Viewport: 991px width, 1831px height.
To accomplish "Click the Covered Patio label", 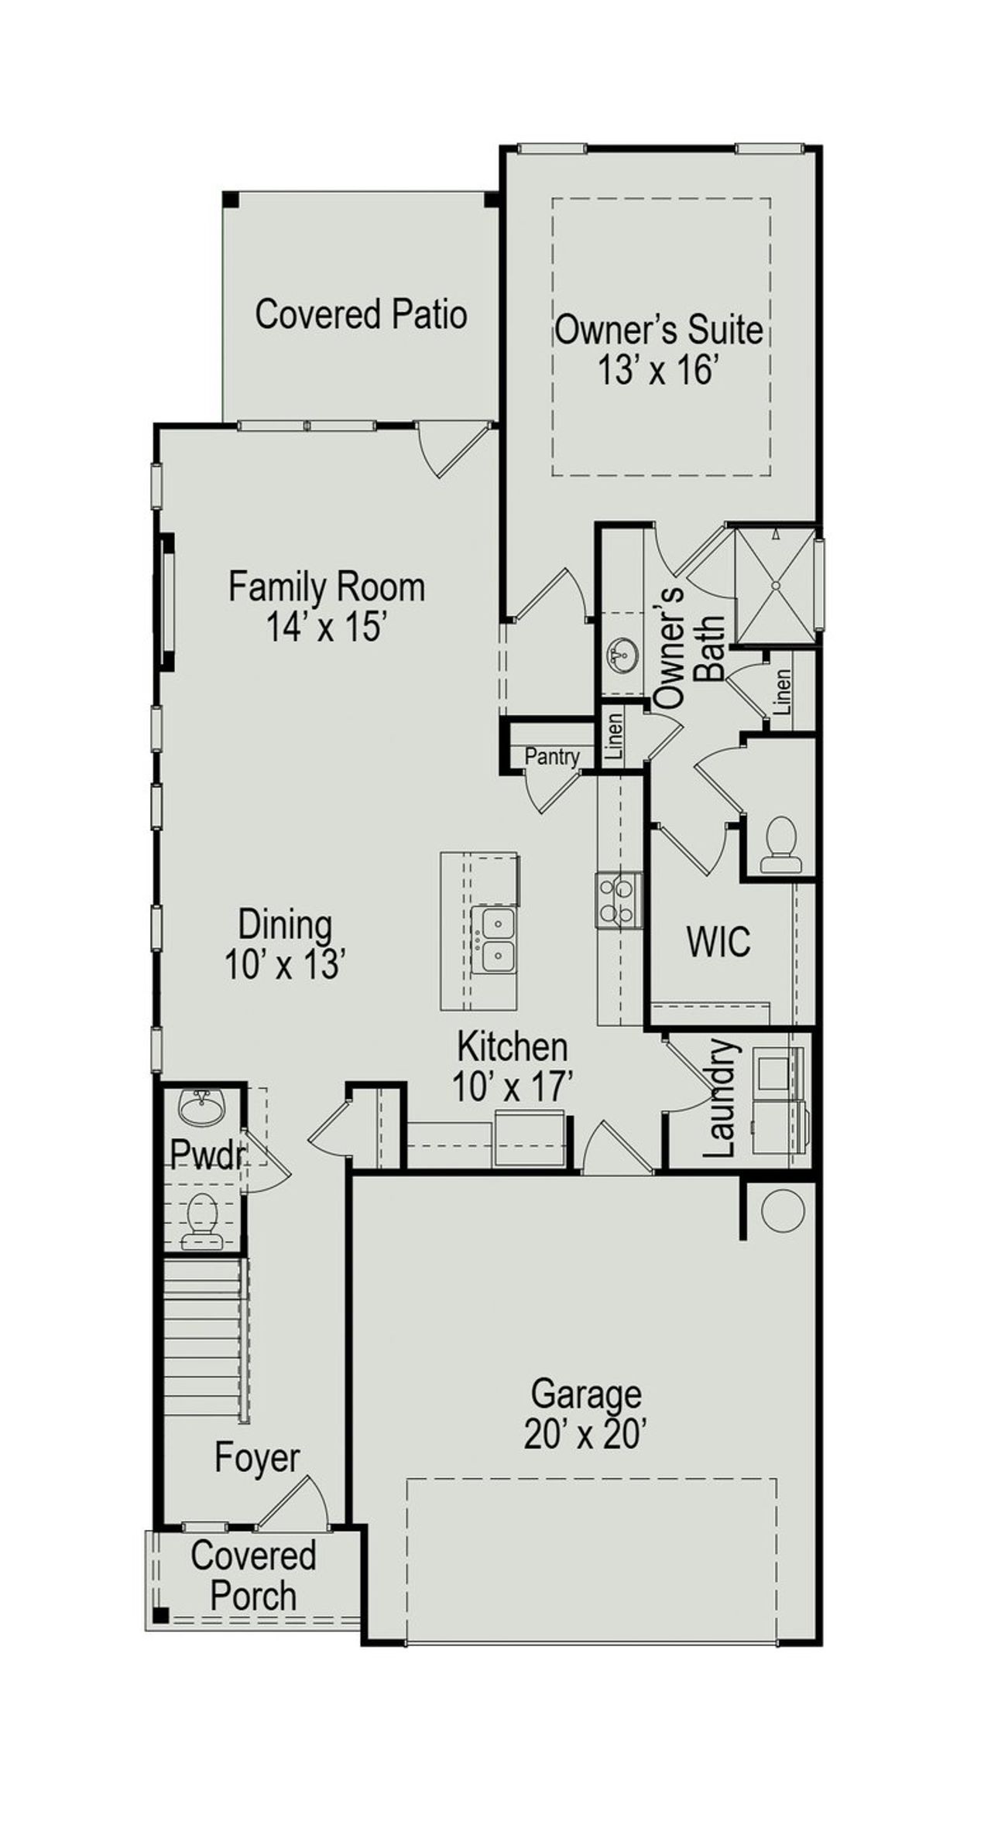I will pos(361,314).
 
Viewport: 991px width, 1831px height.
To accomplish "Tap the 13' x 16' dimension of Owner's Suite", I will pos(658,371).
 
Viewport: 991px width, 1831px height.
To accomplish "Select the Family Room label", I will pos(326,586).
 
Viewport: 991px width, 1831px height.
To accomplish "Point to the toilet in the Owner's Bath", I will pos(780,845).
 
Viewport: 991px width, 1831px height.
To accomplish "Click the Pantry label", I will pos(552,756).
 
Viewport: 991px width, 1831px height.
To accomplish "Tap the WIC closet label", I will pos(718,942).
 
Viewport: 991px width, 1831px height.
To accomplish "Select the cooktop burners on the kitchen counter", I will pos(618,900).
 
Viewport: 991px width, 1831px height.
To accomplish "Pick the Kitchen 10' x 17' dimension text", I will pos(512,1087).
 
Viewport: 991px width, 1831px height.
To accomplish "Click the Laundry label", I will pos(721,1098).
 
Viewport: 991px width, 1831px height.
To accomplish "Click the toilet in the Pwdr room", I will pos(203,1220).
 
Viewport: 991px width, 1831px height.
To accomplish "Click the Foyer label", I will pos(257,1458).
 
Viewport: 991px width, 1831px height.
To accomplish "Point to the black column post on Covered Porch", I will pos(160,1615).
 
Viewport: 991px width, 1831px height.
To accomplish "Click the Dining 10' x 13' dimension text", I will pos(284,964).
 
